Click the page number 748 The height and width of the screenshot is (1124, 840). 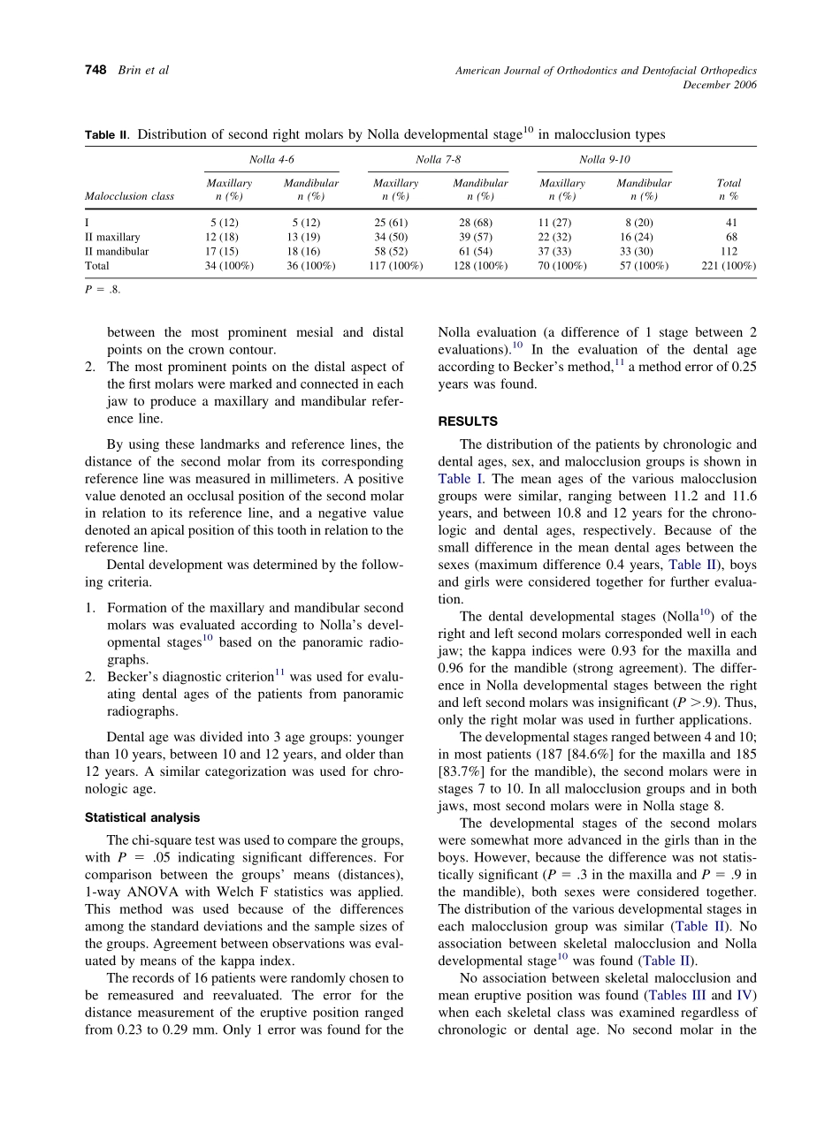(x=95, y=70)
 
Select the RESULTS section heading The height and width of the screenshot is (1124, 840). (x=468, y=421)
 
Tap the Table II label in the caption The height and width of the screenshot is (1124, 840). (x=107, y=135)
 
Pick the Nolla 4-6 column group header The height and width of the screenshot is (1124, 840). (x=271, y=159)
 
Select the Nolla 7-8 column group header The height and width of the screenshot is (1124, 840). (x=438, y=159)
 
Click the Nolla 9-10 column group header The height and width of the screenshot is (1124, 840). (x=604, y=159)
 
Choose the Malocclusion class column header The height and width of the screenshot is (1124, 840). (x=129, y=196)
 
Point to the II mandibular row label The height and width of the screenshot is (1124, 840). (x=117, y=251)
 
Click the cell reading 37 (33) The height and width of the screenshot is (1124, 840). (x=562, y=251)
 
